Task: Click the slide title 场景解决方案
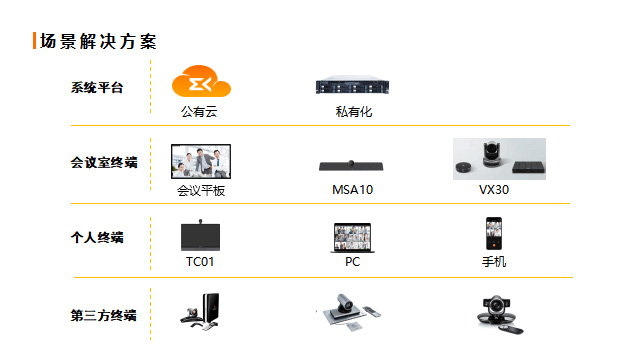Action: [x=98, y=41]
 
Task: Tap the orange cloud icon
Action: [x=201, y=81]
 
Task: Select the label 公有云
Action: [x=199, y=111]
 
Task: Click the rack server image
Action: [x=352, y=85]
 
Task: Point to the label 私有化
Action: [x=354, y=111]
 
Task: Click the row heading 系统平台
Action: [x=97, y=87]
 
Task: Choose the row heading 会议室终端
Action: [x=104, y=162]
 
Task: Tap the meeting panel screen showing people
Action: [x=201, y=161]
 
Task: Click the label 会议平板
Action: [x=201, y=190]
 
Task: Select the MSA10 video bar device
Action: [x=351, y=165]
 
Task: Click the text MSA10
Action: [x=353, y=190]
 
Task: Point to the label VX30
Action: [x=494, y=190]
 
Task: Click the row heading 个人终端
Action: [x=97, y=237]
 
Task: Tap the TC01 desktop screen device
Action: [x=200, y=235]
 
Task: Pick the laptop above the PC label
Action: [x=353, y=238]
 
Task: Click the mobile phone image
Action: [x=494, y=233]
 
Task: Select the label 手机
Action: [x=494, y=262]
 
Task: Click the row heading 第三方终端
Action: [x=104, y=315]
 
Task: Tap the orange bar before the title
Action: [x=35, y=41]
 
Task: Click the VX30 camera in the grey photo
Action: [x=491, y=154]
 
